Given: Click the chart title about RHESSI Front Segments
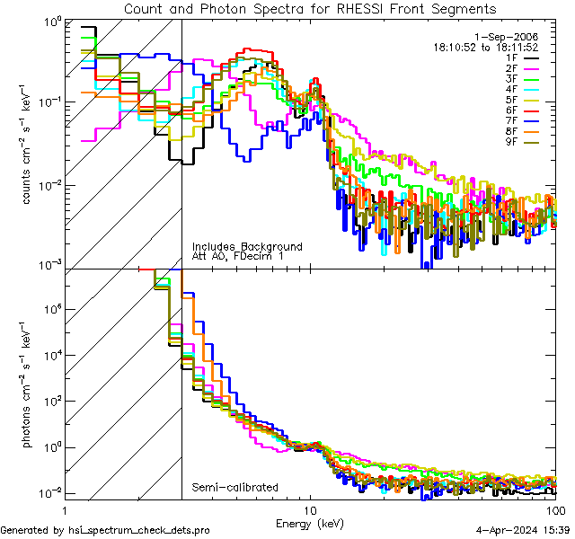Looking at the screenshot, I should coord(309,9).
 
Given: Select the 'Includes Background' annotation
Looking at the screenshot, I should coord(247,246).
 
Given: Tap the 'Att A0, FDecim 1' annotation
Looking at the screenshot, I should coord(238,257).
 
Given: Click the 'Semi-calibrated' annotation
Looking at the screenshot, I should coord(234,488).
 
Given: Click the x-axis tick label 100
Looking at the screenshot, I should coord(554,509).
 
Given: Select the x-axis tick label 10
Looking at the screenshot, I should coord(311,509).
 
